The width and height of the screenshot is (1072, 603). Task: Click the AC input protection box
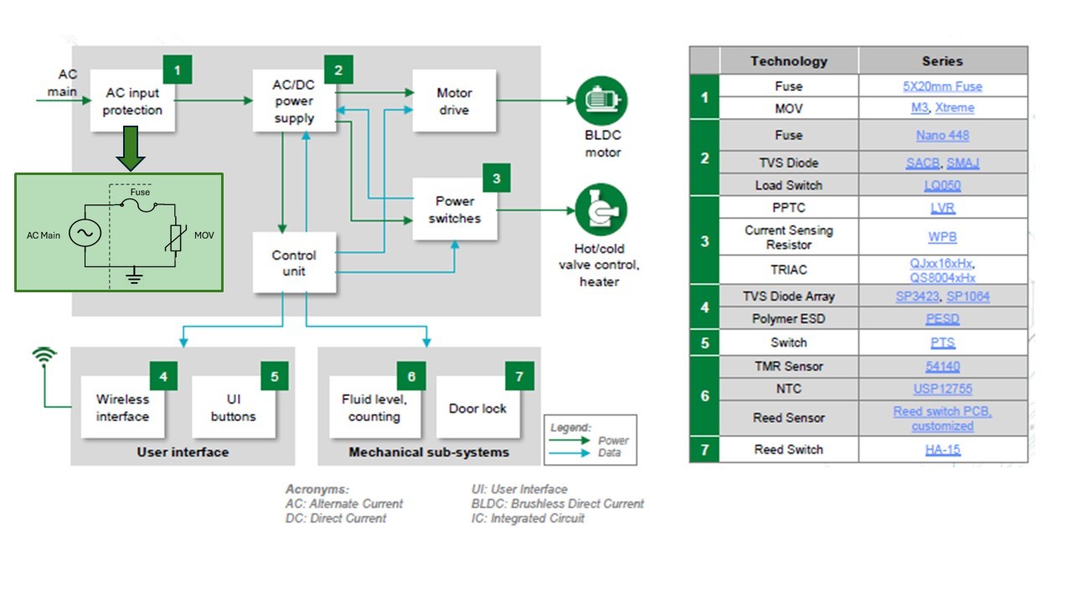132,100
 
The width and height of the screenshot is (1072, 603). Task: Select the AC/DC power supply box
294,100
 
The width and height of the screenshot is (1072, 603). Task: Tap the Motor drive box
453,100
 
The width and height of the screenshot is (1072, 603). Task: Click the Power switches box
453,209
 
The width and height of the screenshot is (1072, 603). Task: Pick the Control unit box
294,263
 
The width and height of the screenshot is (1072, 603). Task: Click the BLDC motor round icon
601,100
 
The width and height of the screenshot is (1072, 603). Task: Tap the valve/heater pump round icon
601,210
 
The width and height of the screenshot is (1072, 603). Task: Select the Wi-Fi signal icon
44,357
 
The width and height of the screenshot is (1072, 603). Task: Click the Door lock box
477,408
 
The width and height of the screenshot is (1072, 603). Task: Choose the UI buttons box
233,408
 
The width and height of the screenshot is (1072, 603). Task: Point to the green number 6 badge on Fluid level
411,377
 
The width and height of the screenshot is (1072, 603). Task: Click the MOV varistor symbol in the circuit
175,235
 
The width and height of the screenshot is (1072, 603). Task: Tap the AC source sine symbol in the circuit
85,234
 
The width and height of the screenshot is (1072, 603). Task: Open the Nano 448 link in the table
942,136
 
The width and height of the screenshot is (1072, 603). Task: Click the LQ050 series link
942,185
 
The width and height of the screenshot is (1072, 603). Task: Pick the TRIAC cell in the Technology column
788,270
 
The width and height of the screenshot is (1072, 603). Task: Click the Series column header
942,61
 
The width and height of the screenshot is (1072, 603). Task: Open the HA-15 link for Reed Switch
942,450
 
